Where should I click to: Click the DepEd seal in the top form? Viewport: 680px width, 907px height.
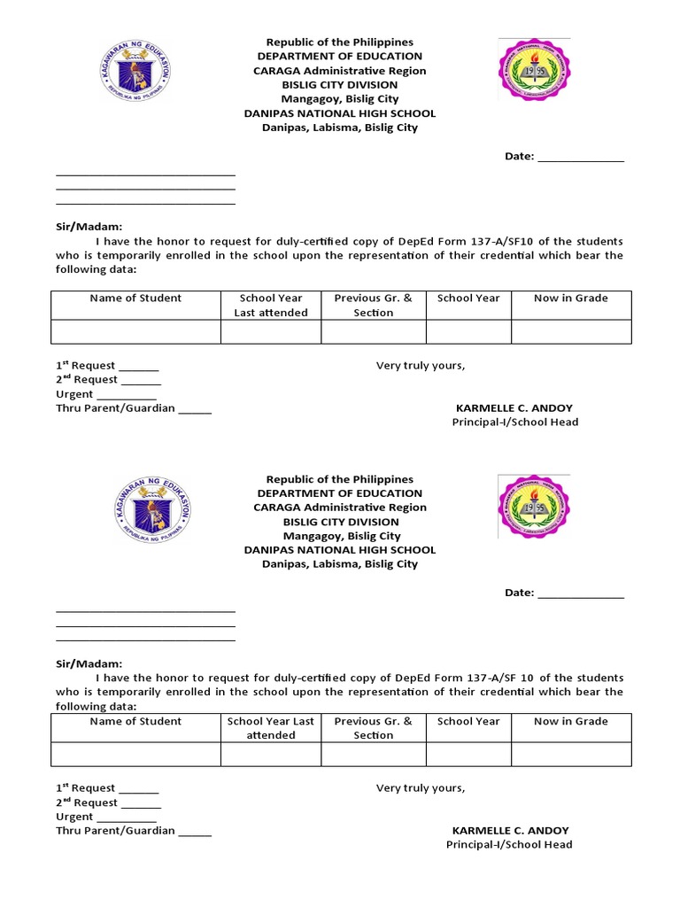click(135, 71)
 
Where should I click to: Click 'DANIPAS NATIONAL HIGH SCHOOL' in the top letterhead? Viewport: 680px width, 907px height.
click(340, 113)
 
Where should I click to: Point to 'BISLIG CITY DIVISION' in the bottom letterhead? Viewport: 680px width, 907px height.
click(340, 522)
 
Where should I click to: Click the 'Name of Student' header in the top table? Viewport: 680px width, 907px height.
click(135, 298)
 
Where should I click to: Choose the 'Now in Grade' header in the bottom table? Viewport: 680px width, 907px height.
click(571, 722)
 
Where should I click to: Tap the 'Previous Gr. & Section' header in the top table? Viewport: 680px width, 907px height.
click(374, 306)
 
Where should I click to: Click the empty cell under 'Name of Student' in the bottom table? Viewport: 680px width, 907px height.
click(135, 754)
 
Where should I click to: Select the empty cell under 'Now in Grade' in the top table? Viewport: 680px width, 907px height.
click(571, 332)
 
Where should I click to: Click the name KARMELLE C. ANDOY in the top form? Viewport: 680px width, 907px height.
click(514, 408)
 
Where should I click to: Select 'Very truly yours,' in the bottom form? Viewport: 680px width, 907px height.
click(421, 788)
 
